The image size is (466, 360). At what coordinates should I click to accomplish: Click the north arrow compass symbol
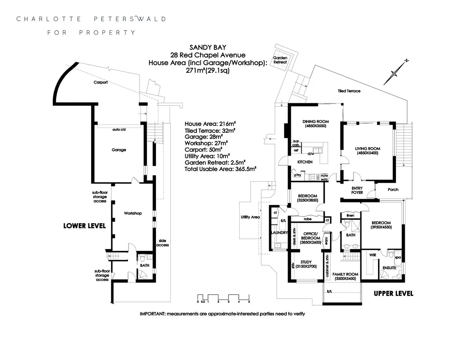(395, 72)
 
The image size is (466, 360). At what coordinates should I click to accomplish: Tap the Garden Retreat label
(280, 60)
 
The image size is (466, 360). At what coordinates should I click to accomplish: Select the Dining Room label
(316, 121)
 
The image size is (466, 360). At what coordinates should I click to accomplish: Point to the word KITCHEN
(304, 162)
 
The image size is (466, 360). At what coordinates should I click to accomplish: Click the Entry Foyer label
(357, 190)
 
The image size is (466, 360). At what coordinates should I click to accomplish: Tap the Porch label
(393, 190)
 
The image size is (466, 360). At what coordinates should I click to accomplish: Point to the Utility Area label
(250, 217)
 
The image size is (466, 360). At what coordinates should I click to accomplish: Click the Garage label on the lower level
(119, 150)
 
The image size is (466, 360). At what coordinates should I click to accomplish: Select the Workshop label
(133, 213)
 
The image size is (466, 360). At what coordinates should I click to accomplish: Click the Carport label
(100, 82)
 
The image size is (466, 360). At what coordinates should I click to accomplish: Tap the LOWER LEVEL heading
(84, 226)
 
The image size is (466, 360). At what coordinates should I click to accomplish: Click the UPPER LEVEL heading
(393, 294)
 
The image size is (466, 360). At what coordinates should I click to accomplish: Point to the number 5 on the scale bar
(249, 302)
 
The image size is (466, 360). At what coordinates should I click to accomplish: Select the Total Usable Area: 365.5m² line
(220, 169)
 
